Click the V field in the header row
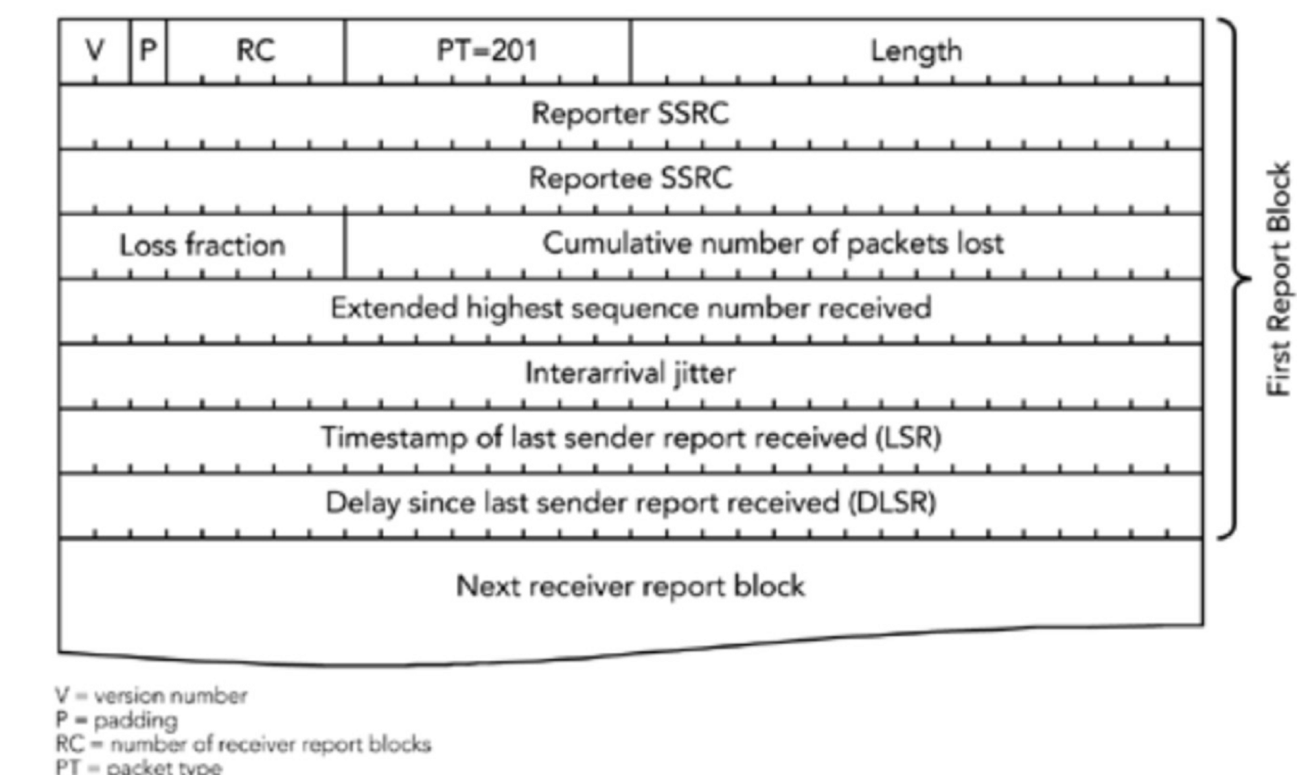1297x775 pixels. click(95, 50)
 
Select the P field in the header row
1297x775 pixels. click(148, 50)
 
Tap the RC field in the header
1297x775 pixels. click(255, 50)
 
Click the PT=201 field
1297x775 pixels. click(487, 50)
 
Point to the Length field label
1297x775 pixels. click(916, 51)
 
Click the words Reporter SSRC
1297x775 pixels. click(630, 113)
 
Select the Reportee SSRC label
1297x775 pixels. click(630, 178)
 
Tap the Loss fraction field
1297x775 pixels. click(202, 245)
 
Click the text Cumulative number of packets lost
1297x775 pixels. click(772, 244)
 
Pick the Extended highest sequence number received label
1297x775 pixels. click(630, 308)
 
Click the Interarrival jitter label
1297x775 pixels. click(630, 373)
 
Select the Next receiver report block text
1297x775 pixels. click(630, 586)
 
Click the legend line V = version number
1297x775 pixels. click(151, 695)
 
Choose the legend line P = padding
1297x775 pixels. click(117, 720)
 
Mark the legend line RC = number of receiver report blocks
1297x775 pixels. click(243, 744)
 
